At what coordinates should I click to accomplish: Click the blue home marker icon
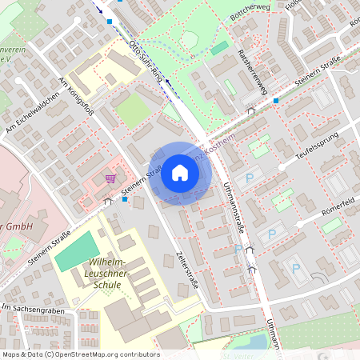[180, 173]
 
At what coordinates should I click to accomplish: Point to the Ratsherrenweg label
[252, 70]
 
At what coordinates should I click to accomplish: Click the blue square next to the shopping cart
[126, 199]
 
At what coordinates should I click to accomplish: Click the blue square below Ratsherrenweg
[275, 101]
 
